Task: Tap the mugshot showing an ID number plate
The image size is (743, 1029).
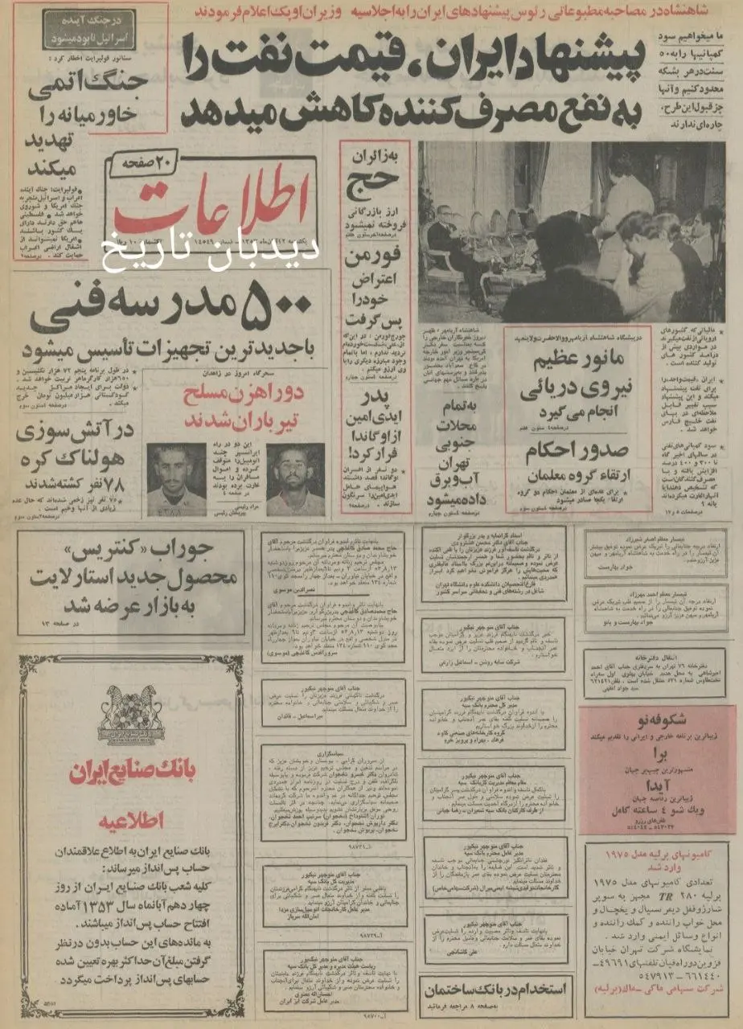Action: [177, 479]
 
